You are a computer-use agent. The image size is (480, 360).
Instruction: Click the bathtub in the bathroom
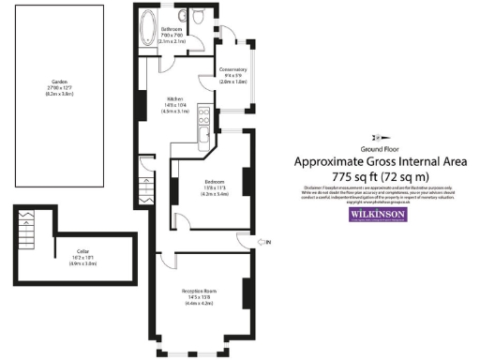[148, 30]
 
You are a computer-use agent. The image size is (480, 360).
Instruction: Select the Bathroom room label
[171, 32]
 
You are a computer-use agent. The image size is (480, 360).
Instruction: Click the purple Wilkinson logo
[379, 215]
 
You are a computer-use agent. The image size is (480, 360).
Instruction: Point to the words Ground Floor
[380, 149]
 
